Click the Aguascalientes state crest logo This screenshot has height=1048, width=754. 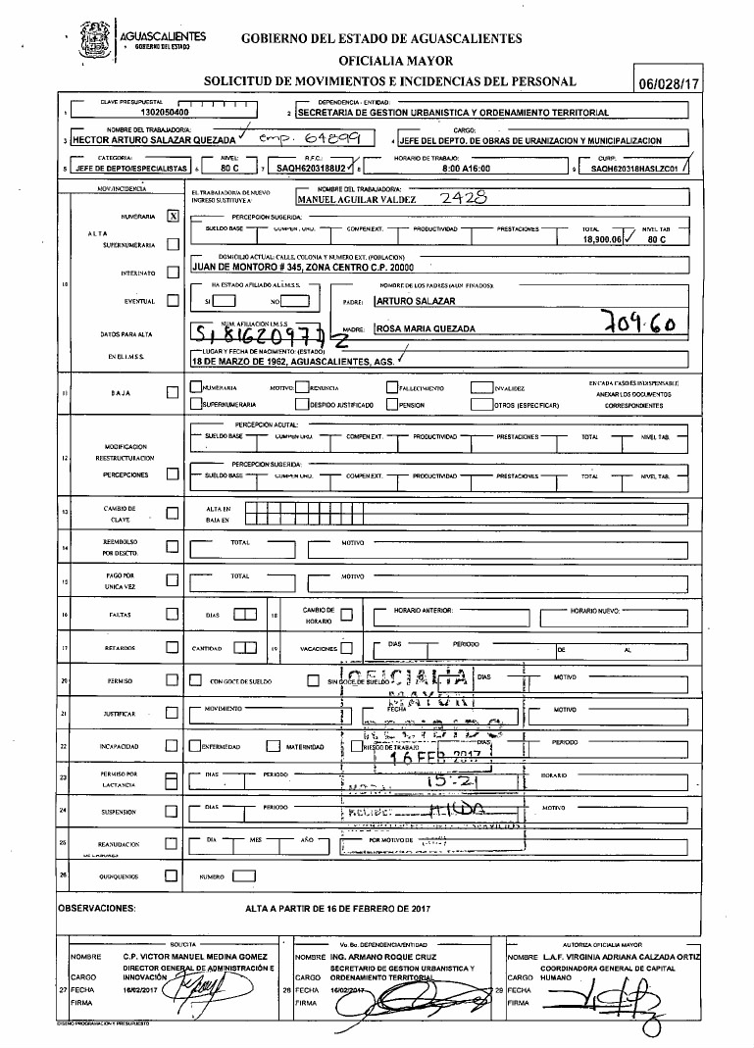(x=96, y=37)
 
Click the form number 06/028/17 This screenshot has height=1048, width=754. (x=670, y=84)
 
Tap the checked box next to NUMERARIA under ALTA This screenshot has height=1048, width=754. (x=173, y=216)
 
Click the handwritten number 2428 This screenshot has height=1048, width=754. (x=459, y=197)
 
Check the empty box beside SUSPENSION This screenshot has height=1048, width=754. (x=173, y=812)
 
